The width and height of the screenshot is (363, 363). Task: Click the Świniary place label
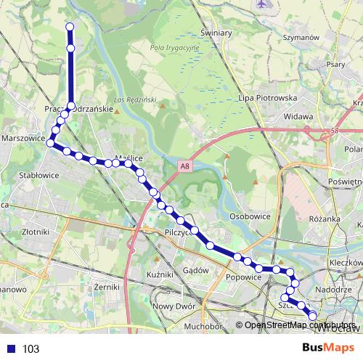(216, 33)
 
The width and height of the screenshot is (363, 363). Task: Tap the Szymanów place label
(301, 37)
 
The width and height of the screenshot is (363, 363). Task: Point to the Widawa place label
(298, 115)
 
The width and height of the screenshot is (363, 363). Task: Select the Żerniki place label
(106, 287)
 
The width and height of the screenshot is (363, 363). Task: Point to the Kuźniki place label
(159, 274)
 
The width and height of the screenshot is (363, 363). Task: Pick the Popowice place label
(243, 277)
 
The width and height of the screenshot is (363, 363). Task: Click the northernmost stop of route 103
(70, 27)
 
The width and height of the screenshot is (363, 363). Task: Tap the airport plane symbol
(261, 4)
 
